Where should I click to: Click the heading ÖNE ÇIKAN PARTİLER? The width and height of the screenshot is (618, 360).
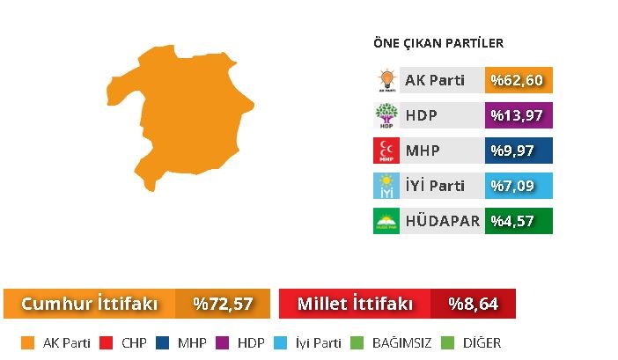click(438, 43)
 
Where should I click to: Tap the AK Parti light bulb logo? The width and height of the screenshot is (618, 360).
click(386, 80)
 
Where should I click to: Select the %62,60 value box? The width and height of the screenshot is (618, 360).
click(519, 80)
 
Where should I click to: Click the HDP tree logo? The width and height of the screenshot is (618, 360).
click(386, 115)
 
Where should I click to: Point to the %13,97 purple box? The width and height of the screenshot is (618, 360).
click(519, 115)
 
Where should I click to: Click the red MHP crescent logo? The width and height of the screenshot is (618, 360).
click(386, 151)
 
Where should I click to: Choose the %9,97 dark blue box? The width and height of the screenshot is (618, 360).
click(519, 151)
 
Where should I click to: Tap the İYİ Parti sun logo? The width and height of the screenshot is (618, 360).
click(386, 186)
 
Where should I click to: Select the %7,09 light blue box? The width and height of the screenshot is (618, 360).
click(519, 186)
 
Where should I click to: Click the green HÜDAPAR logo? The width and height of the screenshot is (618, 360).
click(386, 221)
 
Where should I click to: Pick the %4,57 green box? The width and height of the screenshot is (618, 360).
click(519, 221)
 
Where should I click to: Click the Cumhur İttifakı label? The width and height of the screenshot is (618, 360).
click(89, 304)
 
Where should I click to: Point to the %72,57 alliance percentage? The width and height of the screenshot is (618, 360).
click(223, 304)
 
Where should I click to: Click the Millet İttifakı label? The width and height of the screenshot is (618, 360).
click(355, 304)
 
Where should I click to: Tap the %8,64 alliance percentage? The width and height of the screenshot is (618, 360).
click(473, 304)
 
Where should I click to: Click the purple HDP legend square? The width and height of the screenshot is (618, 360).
click(223, 342)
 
